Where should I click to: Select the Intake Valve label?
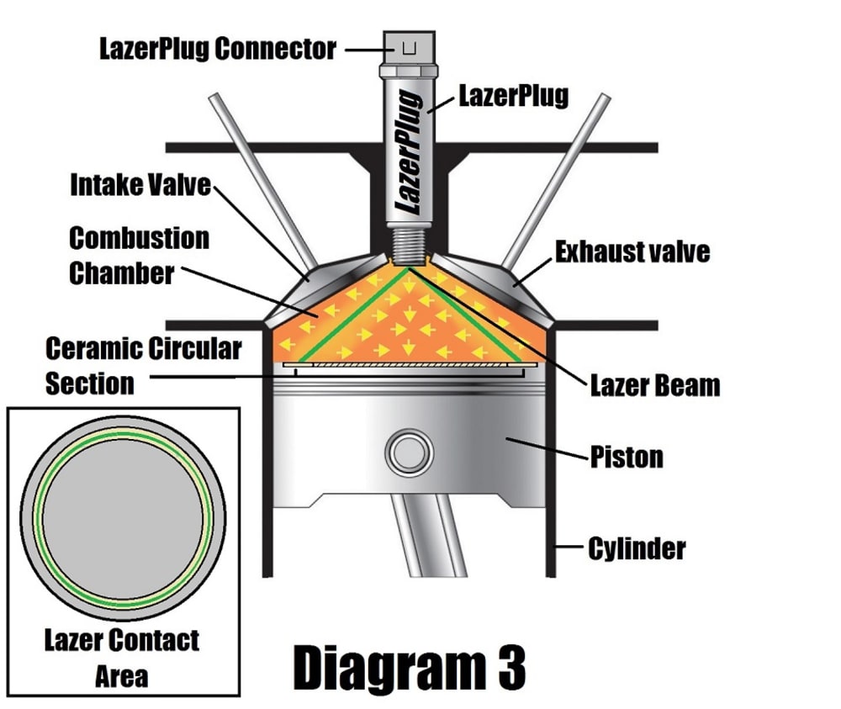[140, 183]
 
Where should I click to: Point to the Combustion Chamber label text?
[139, 255]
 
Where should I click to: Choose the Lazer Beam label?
[654, 385]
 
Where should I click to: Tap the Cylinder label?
[637, 549]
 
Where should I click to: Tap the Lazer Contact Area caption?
[122, 657]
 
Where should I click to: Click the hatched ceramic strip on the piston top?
[408, 365]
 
